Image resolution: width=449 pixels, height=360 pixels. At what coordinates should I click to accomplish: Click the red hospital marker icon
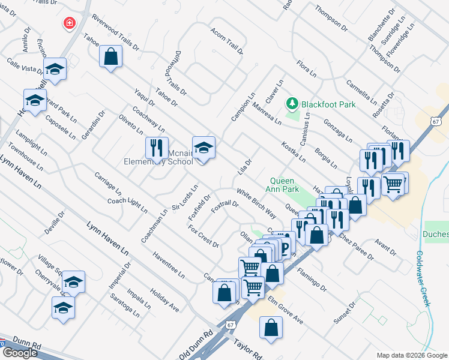point(70,23)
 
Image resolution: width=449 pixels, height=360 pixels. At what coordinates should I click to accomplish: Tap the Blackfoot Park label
point(328,104)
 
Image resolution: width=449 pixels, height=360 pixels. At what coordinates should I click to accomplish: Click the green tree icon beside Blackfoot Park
point(292,104)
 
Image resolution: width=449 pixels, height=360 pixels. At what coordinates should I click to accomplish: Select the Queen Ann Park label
point(285,185)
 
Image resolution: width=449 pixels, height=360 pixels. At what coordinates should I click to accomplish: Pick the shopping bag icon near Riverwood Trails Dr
point(111,56)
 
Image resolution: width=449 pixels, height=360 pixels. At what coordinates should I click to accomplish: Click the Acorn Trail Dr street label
point(227,41)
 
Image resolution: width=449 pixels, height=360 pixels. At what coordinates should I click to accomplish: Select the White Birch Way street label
point(256,204)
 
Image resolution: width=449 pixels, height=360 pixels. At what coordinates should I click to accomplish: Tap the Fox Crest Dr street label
point(203,236)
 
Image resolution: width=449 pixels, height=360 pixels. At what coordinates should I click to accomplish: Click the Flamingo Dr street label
point(311,279)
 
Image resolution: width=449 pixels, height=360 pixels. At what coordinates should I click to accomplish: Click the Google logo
point(20,353)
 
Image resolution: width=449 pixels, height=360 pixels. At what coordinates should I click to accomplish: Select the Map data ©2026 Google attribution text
point(411,355)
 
